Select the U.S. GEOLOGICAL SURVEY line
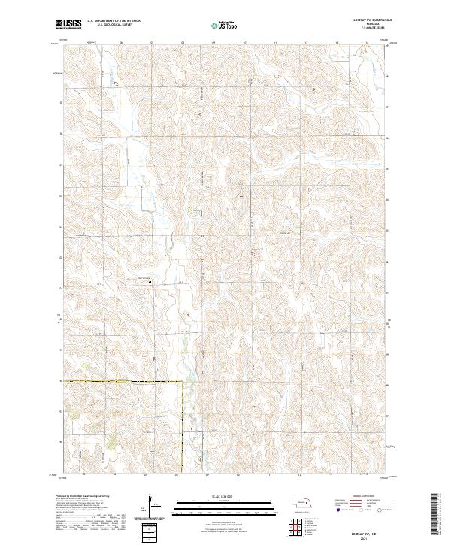[117, 26]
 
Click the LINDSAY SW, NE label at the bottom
[376, 528]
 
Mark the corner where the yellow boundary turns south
[183, 383]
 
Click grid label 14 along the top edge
[368, 43]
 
